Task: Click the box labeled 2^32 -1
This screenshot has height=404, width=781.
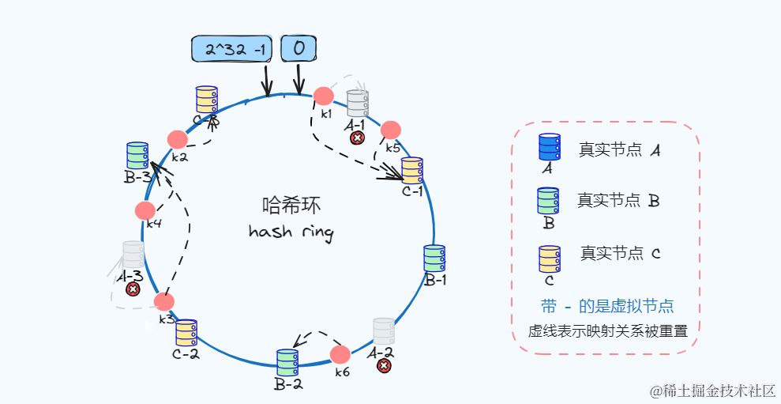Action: coord(233,49)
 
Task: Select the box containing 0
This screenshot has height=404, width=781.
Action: coord(299,49)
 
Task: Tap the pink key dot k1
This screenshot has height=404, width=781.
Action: coord(323,96)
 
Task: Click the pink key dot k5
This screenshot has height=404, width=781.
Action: coord(390,130)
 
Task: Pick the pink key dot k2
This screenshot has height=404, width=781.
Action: coord(178,139)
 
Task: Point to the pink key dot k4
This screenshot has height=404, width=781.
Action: coord(145,210)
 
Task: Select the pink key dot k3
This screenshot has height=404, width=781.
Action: coord(164,301)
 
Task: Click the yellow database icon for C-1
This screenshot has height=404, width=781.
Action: coord(411,170)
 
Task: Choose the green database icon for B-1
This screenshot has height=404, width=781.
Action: coord(434,259)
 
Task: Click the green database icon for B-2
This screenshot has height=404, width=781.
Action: coord(287,363)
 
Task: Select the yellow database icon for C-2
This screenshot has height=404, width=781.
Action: coord(186,333)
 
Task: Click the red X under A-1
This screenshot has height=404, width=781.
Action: coord(357,138)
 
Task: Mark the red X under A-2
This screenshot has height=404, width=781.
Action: coord(384,365)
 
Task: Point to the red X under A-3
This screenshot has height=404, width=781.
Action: coord(133,289)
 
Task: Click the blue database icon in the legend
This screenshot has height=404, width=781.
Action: coord(549,147)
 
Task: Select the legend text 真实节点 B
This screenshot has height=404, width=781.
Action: coord(618,201)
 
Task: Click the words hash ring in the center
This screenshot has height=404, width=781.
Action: coord(291,232)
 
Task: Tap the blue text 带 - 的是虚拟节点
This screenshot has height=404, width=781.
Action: coord(607,306)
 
